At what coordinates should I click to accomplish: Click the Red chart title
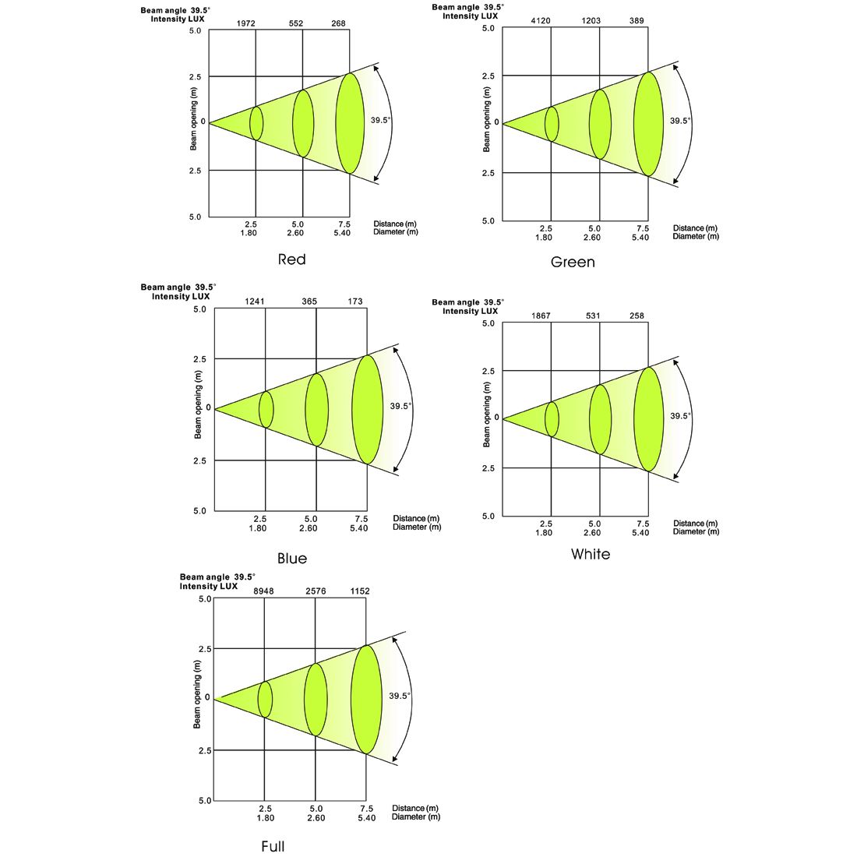pos(291,259)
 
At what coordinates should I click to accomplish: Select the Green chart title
pos(573,263)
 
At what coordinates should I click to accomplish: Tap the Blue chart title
pos(292,559)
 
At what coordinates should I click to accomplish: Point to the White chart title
pos(591,554)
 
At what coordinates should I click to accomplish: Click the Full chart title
pos(273,847)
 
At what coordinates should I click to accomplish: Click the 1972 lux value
pos(246,23)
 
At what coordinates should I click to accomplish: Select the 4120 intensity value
pos(541,21)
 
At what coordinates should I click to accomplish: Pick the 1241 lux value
pos(255,302)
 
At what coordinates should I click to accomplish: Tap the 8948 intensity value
pos(263,591)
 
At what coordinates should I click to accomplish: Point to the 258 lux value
pos(637,316)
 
